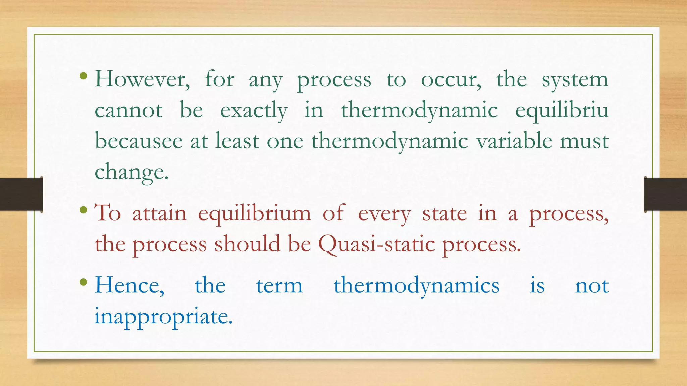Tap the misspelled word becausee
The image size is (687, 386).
pyautogui.click(x=139, y=141)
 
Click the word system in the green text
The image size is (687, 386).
pyautogui.click(x=575, y=80)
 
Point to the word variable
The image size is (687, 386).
pyautogui.click(x=514, y=141)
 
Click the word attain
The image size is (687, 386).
pyautogui.click(x=159, y=214)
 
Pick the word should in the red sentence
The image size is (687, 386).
pyautogui.click(x=247, y=244)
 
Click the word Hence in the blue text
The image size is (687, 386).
pyautogui.click(x=129, y=286)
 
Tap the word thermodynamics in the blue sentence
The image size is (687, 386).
pyautogui.click(x=416, y=286)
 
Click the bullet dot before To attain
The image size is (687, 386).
pyautogui.click(x=84, y=211)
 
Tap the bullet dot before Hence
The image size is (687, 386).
pyautogui.click(x=84, y=282)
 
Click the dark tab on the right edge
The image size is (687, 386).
pyautogui.click(x=666, y=194)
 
